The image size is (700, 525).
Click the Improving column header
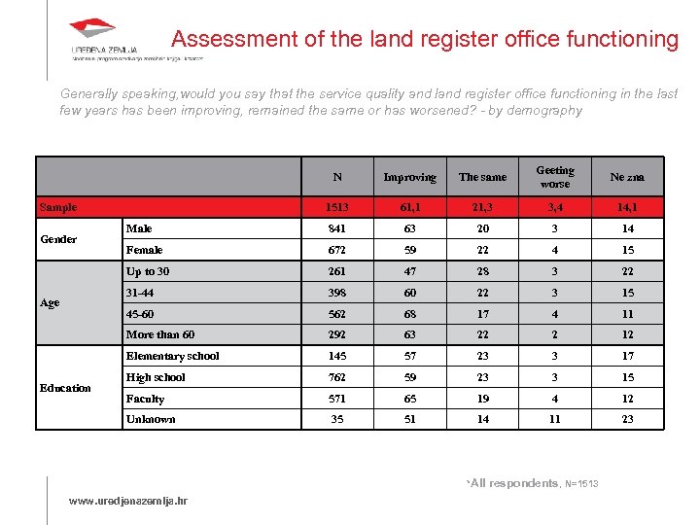409,177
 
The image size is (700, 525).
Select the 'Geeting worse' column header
555,177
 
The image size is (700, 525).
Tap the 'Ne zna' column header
627,177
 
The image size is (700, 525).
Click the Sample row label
57,207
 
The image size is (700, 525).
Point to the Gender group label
58,239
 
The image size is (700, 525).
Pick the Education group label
65,388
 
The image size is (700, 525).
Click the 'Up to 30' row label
148,271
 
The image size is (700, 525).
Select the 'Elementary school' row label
173,356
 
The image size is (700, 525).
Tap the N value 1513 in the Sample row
337,207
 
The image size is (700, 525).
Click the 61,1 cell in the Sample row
409,207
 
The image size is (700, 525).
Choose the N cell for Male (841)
337,228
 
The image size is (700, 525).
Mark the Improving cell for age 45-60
409,314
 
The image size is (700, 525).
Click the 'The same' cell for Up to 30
482,271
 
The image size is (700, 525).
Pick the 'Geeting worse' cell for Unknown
555,419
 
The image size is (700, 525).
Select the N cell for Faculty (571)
337,399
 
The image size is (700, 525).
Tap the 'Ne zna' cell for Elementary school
627,356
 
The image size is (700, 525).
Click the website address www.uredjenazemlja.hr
128,501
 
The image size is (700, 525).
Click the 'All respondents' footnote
514,483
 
